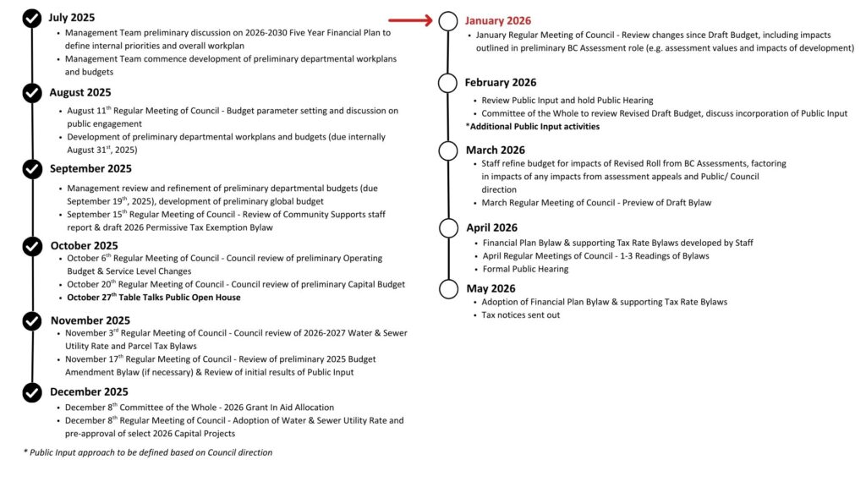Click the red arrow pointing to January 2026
413,19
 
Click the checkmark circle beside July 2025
32,17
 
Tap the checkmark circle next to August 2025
32,92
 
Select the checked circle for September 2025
32,168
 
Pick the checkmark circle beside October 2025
32,246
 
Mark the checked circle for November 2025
32,320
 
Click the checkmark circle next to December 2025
32,391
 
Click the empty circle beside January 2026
448,21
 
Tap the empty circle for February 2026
448,82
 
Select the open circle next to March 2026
448,150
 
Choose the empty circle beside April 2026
448,227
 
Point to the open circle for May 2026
448,288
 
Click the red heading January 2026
498,21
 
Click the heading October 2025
84,246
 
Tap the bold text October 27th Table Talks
153,298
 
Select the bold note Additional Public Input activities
533,126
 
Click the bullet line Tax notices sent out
520,315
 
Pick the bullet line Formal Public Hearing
525,269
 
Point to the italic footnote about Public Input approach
148,452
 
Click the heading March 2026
495,150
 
